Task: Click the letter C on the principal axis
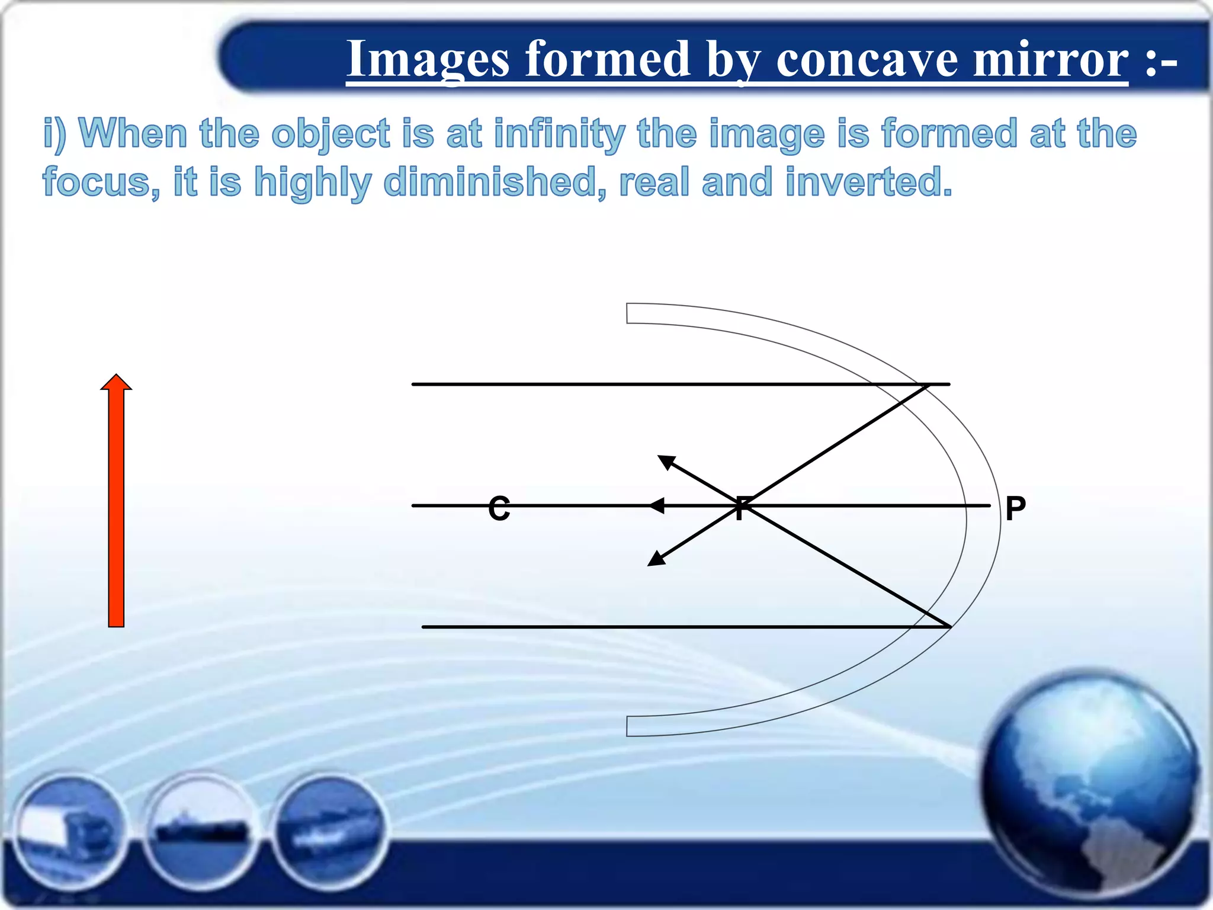[x=499, y=508]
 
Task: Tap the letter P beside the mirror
[x=1015, y=508]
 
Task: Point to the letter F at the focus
[x=741, y=508]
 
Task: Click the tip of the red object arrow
[x=116, y=376]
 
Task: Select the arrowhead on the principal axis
[x=656, y=506]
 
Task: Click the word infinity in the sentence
[x=559, y=134]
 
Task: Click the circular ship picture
[x=200, y=829]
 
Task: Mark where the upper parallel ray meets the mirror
[x=928, y=385]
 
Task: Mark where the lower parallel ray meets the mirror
[x=949, y=626]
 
